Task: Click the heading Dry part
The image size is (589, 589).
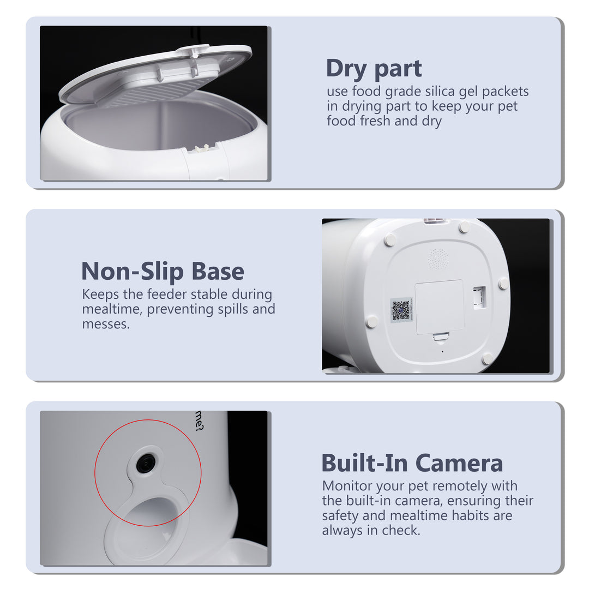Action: [374, 69]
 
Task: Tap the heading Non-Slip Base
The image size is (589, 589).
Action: [163, 272]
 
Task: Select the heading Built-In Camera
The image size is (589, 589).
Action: [412, 464]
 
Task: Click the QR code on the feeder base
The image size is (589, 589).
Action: [401, 310]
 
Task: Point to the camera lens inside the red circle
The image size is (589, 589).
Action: [146, 464]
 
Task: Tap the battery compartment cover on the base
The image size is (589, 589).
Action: [439, 307]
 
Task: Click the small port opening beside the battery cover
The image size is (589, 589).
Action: [479, 297]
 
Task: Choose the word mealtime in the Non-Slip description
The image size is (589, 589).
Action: [111, 310]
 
